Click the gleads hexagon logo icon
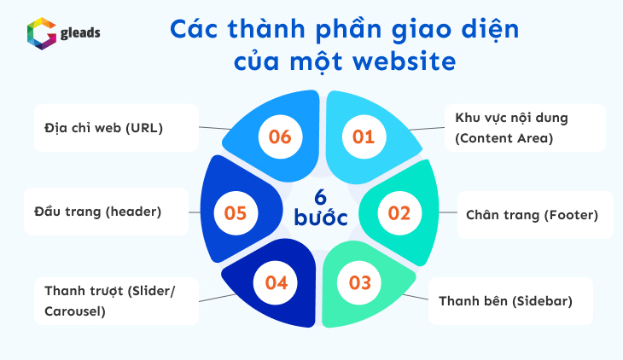pyautogui.click(x=40, y=33)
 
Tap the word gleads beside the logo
pyautogui.click(x=79, y=32)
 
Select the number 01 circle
pyautogui.click(x=364, y=136)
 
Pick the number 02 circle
pyautogui.click(x=399, y=212)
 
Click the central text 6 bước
pyautogui.click(x=320, y=206)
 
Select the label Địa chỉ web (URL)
pyautogui.click(x=103, y=128)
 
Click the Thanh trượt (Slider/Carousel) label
pyautogui.click(x=110, y=300)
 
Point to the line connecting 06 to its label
pyautogui.click(x=216, y=128)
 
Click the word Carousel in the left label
pyautogui.click(x=75, y=311)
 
